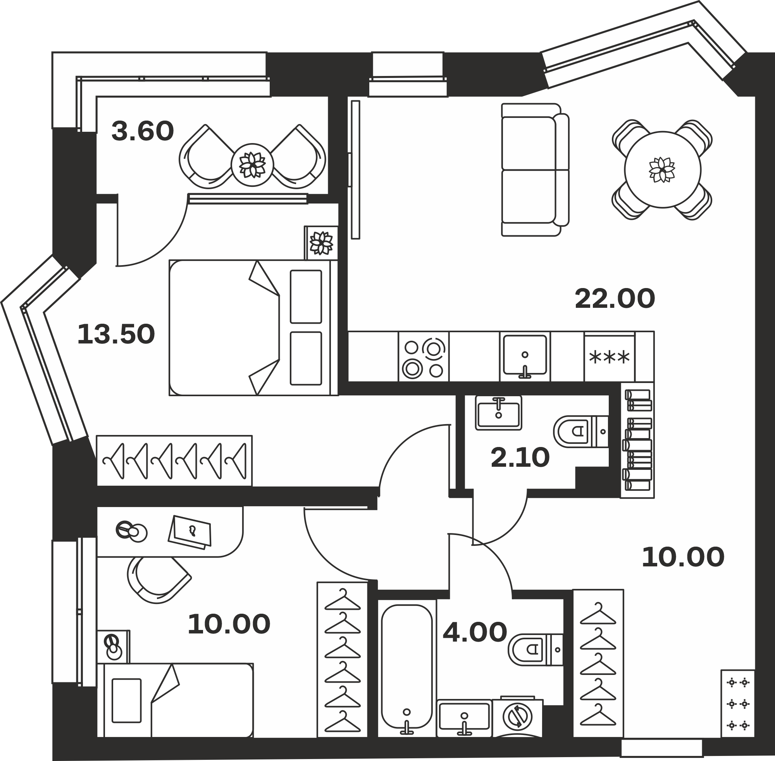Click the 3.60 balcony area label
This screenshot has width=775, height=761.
(143, 131)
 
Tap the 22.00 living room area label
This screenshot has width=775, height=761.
(615, 299)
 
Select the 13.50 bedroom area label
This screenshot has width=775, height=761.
(116, 335)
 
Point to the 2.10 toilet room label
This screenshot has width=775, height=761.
(520, 457)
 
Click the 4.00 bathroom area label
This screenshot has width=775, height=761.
(475, 632)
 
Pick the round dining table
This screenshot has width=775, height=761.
(663, 169)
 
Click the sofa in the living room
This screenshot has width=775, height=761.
(535, 170)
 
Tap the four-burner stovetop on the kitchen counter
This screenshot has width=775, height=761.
(424, 357)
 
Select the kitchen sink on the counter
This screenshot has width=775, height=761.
(525, 357)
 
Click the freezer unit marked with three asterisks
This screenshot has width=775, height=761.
(610, 357)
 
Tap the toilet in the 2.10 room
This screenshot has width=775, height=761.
(581, 431)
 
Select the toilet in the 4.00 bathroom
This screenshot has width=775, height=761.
(536, 650)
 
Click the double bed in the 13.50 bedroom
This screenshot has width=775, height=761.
(253, 328)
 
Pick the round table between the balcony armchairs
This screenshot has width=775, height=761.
(253, 165)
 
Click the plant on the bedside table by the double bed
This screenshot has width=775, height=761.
(322, 243)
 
